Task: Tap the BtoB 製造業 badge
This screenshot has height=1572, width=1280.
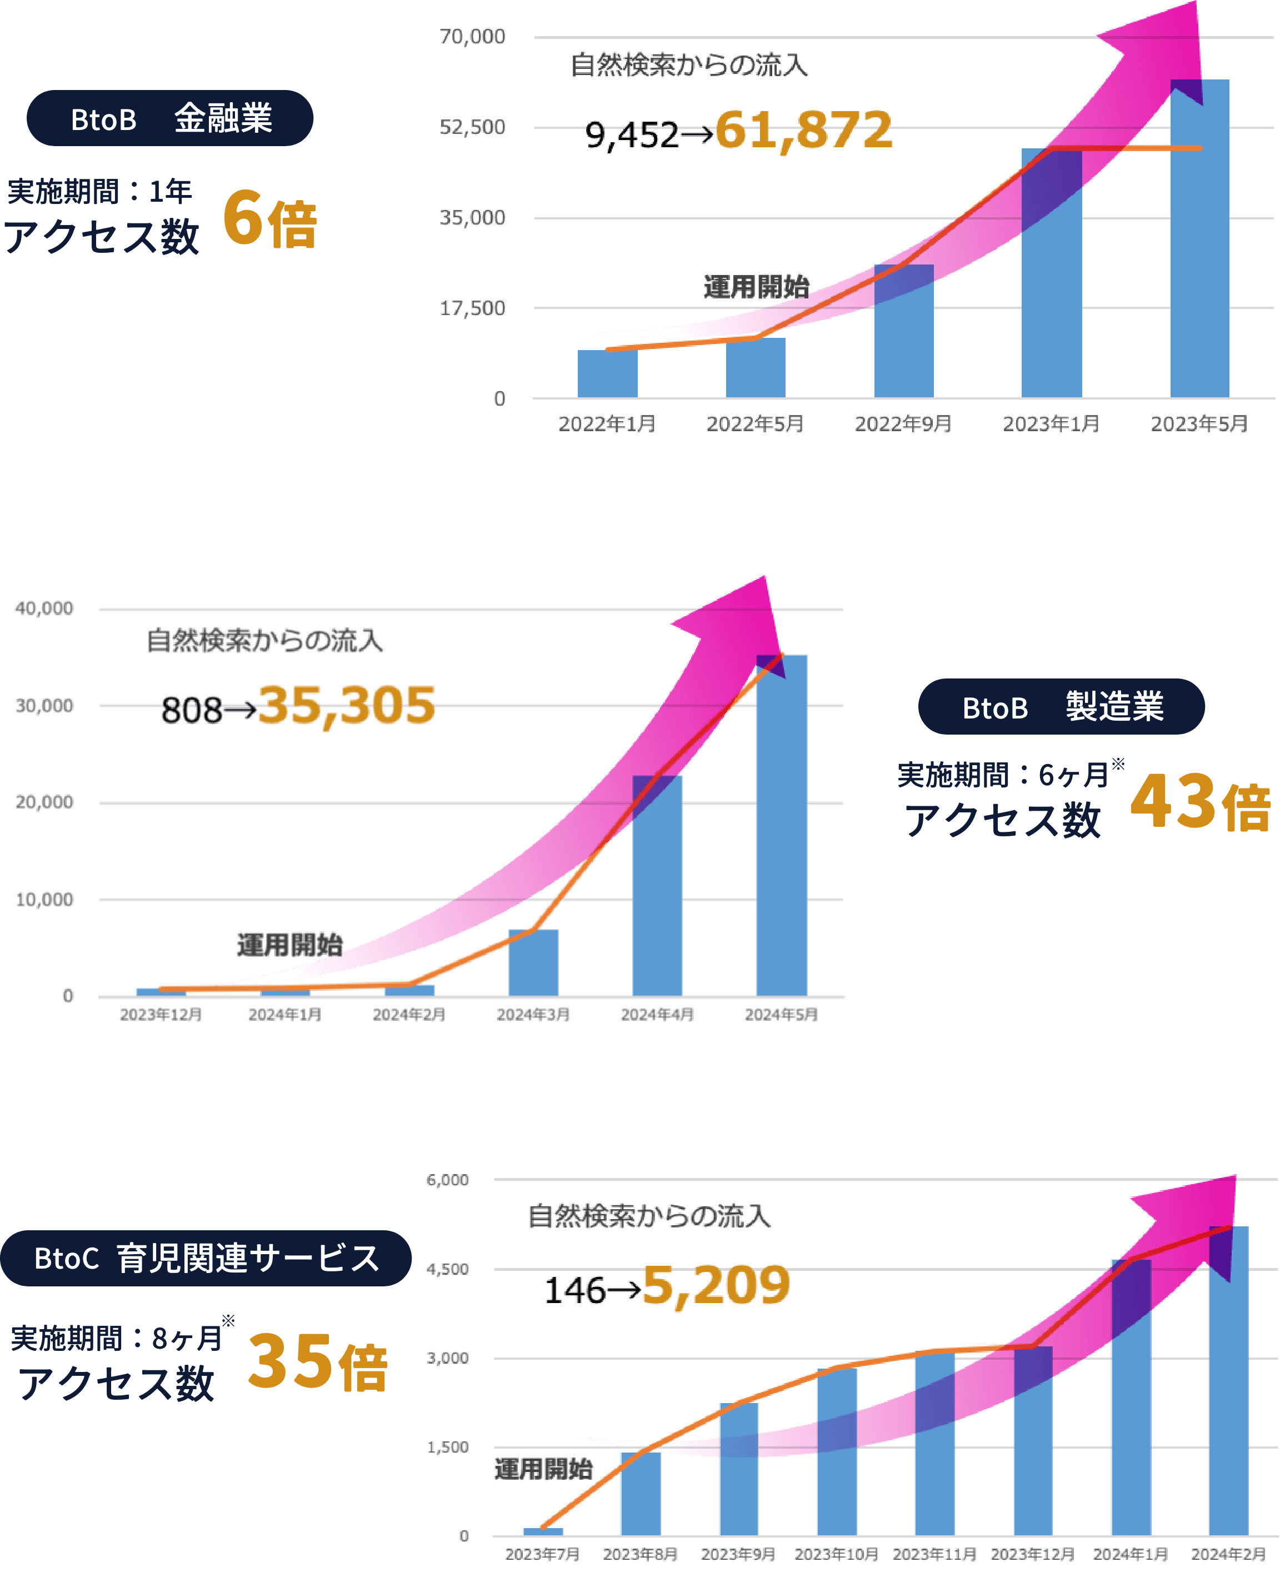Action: [1061, 706]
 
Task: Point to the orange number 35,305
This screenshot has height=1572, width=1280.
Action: [347, 705]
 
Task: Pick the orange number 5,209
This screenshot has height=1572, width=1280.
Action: [715, 1285]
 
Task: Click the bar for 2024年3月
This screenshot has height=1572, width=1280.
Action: [533, 963]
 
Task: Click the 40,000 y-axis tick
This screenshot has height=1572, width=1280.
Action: [44, 608]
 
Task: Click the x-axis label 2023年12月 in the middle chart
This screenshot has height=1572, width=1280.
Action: [161, 1015]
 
